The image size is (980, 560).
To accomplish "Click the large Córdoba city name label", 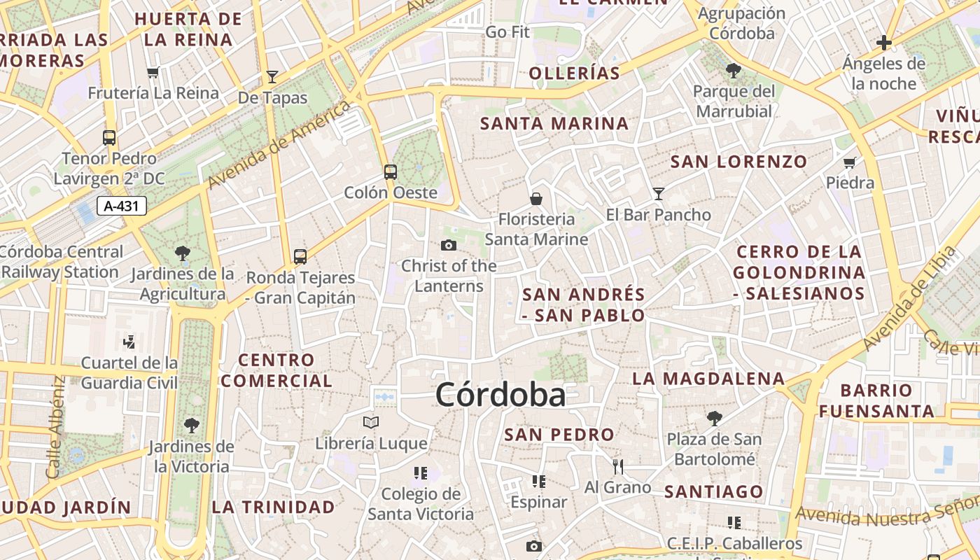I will click(500, 395).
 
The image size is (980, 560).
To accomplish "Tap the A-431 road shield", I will click(122, 206).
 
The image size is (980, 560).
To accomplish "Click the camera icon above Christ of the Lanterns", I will click(449, 245).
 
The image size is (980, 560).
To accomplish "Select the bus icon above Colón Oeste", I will click(391, 171).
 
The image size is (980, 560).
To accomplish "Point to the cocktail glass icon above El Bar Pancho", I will click(658, 194).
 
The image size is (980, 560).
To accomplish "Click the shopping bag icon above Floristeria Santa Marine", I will click(536, 199).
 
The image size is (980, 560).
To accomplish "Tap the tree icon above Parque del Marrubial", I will click(734, 70).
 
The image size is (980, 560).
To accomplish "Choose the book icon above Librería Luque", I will click(371, 422).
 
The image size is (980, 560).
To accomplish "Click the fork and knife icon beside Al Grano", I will click(617, 466).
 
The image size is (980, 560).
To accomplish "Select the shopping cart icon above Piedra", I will click(850, 163).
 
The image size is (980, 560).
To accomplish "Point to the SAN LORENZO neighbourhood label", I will click(739, 162).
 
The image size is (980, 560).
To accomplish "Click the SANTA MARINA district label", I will click(554, 124).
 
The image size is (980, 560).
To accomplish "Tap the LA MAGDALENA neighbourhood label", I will click(708, 379).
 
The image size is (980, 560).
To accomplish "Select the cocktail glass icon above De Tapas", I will click(272, 77).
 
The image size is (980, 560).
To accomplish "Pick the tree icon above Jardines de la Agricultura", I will click(183, 253).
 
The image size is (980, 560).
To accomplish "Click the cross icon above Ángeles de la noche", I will click(884, 43).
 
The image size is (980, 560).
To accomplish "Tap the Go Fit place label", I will click(507, 32).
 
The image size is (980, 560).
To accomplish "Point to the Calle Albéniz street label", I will click(56, 428).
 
